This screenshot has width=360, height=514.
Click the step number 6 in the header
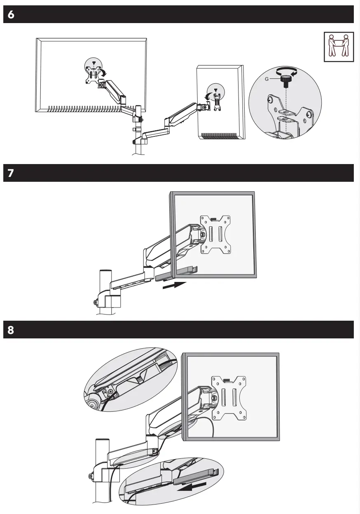[11, 15]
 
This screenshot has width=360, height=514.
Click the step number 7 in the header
[11, 173]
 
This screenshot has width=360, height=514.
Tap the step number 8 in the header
[11, 330]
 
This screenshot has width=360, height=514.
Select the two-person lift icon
[339, 47]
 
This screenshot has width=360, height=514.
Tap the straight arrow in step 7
[174, 285]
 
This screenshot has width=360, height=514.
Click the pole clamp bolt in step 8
[90, 477]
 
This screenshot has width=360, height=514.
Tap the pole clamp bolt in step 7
[96, 303]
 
